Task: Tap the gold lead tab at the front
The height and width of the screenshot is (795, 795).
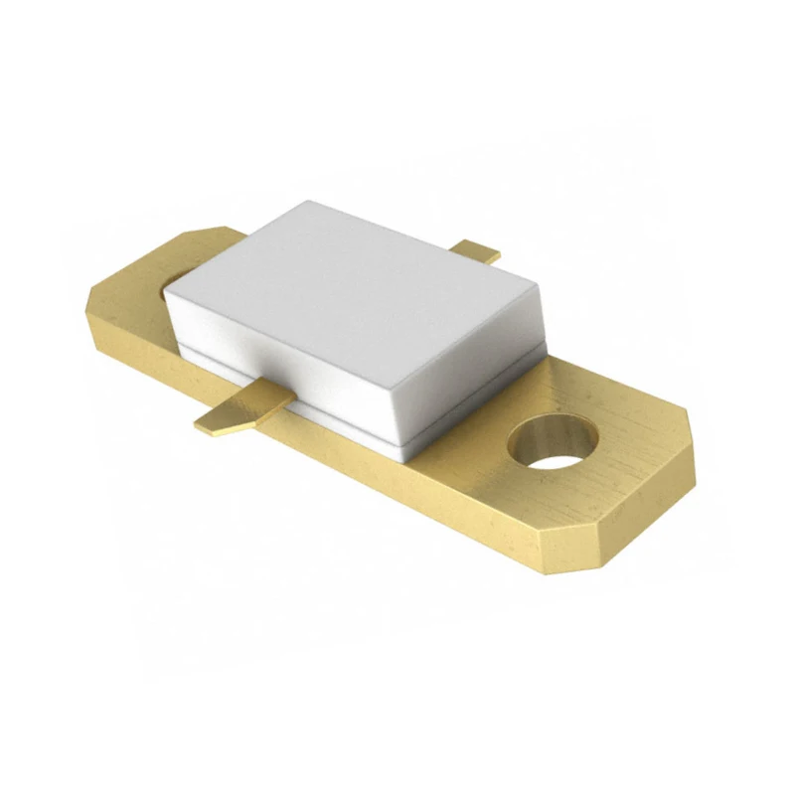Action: pyautogui.click(x=238, y=410)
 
